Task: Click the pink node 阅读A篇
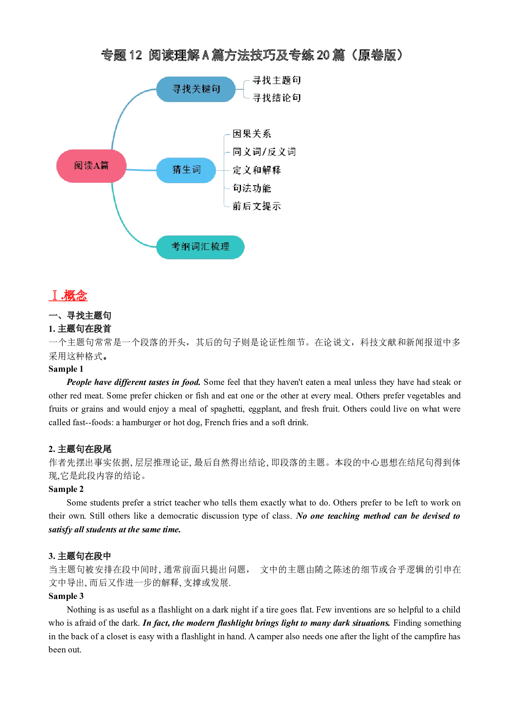click(91, 166)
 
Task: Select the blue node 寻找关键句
click(196, 89)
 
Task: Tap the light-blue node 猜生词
click(186, 170)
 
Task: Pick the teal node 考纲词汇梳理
click(200, 247)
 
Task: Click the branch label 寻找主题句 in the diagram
click(277, 80)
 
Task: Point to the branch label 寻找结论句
click(277, 98)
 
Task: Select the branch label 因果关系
click(252, 134)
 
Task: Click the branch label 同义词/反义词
click(264, 152)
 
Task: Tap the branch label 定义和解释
click(257, 170)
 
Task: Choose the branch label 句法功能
click(252, 188)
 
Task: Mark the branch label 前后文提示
click(257, 206)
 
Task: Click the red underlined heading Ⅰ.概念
click(68, 295)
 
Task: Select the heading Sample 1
click(66, 369)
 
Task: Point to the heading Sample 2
click(66, 489)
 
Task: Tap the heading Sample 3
click(66, 596)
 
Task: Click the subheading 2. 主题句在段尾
click(80, 449)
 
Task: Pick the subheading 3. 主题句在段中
click(80, 556)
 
